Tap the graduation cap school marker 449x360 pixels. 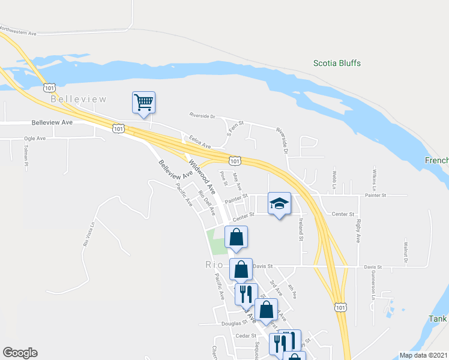[x=279, y=203]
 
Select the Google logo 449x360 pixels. [x=20, y=353]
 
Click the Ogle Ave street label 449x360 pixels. [x=35, y=138]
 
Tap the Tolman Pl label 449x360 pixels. [x=26, y=156]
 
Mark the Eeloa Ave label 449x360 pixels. [x=200, y=142]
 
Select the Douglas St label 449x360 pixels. [x=231, y=323]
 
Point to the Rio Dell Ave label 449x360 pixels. [x=206, y=203]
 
